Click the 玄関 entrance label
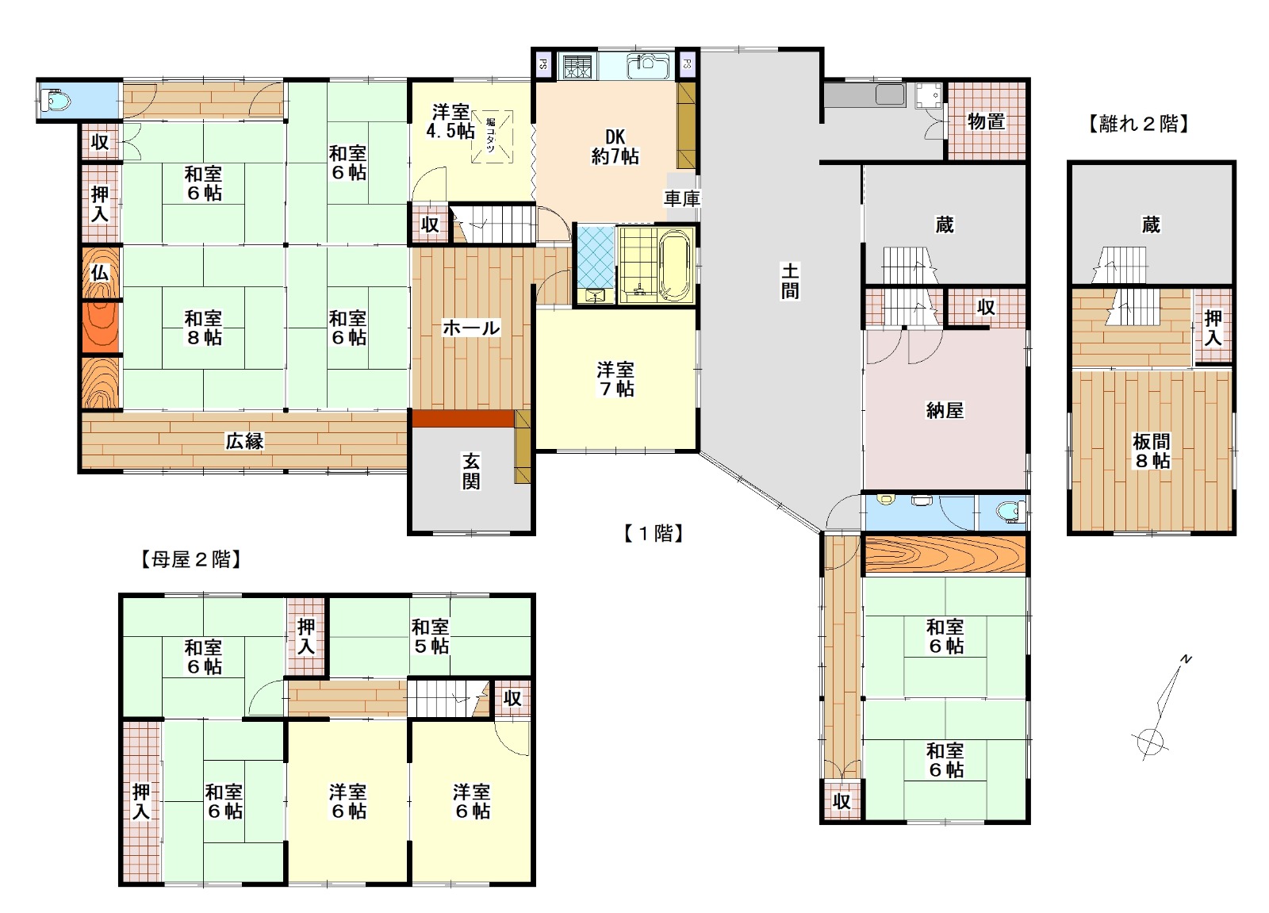[471, 471]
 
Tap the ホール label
[471, 328]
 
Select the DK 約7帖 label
[615, 146]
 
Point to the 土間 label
[790, 281]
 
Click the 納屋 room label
[945, 410]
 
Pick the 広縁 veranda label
[245, 441]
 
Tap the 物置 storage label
[987, 121]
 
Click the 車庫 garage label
[682, 198]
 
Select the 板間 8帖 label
[1151, 451]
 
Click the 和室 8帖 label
[203, 328]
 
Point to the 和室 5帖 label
[431, 636]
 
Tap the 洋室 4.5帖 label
[450, 121]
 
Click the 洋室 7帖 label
[615, 378]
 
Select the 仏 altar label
[100, 273]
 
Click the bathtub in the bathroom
[676, 265]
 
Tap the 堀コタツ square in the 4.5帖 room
[492, 136]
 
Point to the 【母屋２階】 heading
[191, 560]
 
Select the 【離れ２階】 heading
[1138, 124]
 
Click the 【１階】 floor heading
[654, 533]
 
